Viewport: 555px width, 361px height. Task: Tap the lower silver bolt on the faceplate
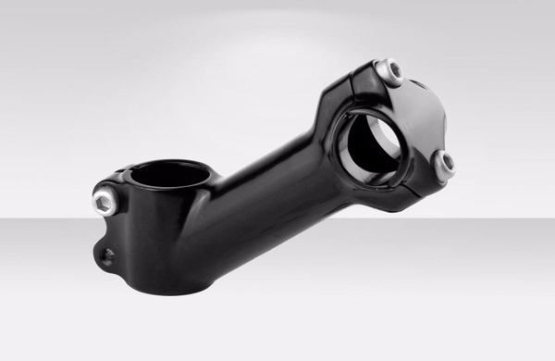click(446, 164)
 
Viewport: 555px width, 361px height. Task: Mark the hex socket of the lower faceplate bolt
click(448, 164)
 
